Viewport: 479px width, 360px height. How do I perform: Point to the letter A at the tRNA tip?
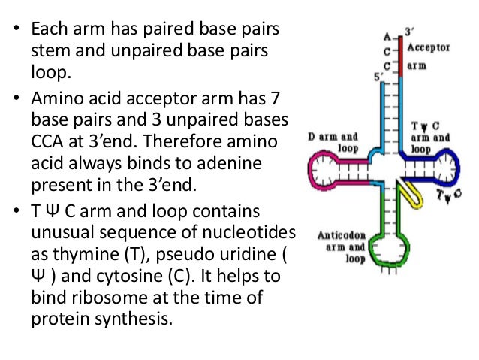point(387,36)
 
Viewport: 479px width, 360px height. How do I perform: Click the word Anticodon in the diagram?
point(342,234)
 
